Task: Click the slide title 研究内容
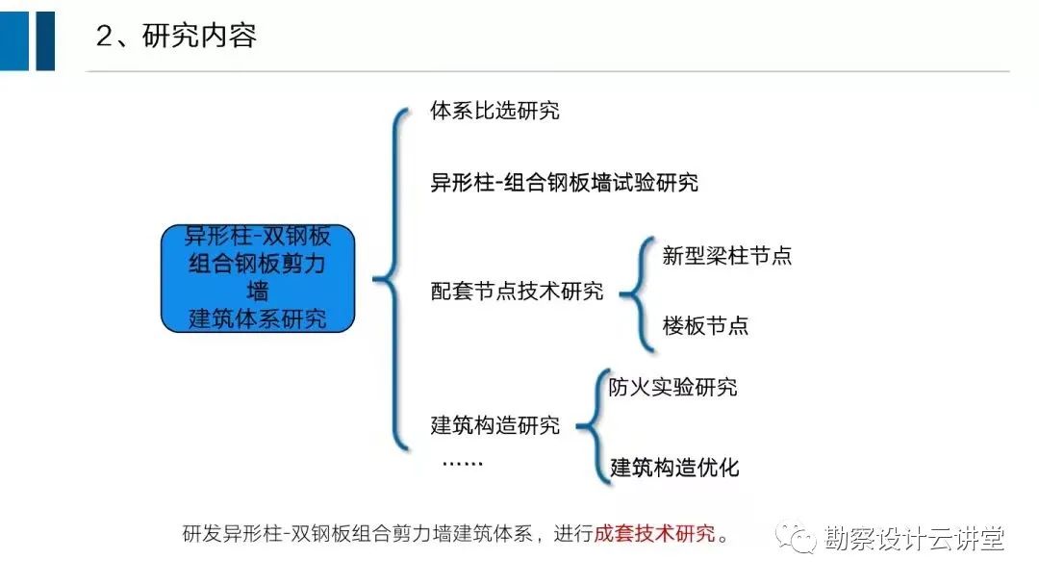(199, 36)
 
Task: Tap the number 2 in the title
(104, 37)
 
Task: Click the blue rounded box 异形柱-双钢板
(258, 278)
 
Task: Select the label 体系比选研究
(494, 111)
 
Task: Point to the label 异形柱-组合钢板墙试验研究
(564, 182)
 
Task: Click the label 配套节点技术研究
(517, 291)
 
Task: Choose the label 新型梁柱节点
(727, 256)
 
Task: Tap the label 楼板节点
(706, 325)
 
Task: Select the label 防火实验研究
(672, 387)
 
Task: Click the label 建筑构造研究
(495, 424)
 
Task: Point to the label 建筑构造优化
(674, 468)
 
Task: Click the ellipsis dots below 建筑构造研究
(463, 463)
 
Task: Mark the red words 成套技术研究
(655, 533)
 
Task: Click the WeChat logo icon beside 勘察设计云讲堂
(796, 537)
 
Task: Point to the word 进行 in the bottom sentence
(573, 533)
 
